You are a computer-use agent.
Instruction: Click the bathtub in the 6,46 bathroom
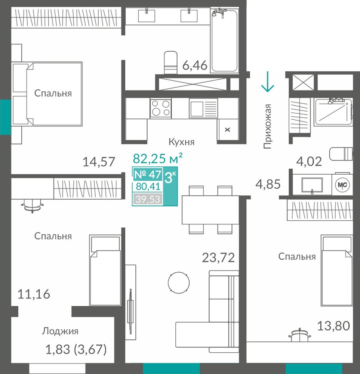(x=224, y=40)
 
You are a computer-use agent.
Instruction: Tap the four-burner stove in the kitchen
(x=160, y=108)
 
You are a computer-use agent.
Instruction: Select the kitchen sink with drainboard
(x=203, y=108)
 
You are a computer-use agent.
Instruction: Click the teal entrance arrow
(x=268, y=82)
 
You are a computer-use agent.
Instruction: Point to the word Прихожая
(x=268, y=126)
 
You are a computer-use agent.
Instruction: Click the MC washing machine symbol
(x=342, y=184)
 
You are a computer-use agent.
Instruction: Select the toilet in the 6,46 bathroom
(x=171, y=62)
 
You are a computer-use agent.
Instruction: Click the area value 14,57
(x=99, y=162)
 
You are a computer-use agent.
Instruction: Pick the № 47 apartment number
(x=148, y=175)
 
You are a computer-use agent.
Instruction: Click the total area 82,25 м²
(x=158, y=158)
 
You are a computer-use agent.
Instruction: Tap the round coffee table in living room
(x=179, y=283)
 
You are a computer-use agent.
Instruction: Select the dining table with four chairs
(x=210, y=210)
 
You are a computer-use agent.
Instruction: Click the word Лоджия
(x=60, y=331)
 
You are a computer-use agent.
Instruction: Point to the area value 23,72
(x=218, y=258)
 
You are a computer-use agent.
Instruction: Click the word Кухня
(x=182, y=142)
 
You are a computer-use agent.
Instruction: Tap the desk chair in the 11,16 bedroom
(x=33, y=206)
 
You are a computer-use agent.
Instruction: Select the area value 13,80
(x=333, y=326)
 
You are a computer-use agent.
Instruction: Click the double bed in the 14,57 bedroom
(x=47, y=94)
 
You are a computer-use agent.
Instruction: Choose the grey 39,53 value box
(x=148, y=199)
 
